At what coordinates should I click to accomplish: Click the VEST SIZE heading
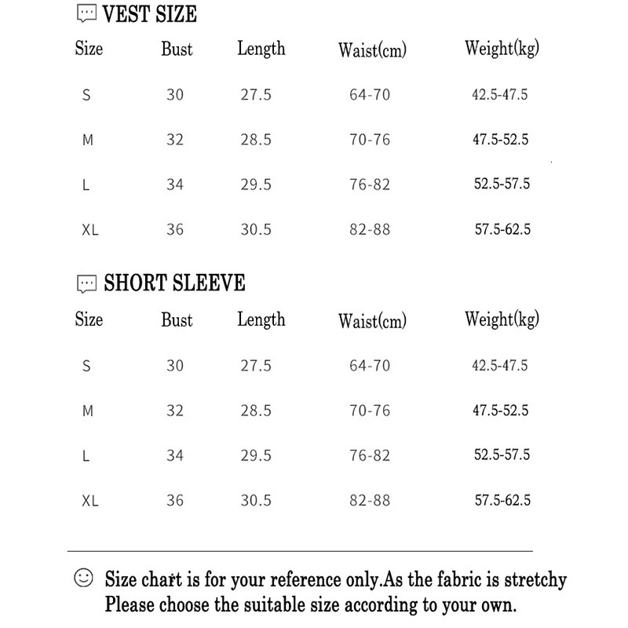150,14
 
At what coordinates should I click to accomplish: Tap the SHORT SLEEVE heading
174,283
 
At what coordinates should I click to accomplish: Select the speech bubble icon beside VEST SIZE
86,14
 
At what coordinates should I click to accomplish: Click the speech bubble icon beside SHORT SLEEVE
86,284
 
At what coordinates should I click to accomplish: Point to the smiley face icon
83,579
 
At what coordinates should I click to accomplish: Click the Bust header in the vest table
177,49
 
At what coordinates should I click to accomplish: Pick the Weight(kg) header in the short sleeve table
502,319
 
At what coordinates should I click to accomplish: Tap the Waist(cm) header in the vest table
372,50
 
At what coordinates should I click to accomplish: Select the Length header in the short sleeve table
261,319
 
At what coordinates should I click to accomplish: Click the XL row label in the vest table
90,230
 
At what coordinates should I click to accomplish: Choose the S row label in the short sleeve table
86,366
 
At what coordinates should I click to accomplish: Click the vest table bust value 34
175,184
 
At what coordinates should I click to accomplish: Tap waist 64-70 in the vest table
370,95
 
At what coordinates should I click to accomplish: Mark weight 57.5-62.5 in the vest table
502,230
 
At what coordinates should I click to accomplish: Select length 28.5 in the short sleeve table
256,411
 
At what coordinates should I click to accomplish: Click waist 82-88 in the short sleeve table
370,501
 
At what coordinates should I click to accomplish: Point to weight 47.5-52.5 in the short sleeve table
500,411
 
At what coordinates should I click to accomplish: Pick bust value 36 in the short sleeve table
175,501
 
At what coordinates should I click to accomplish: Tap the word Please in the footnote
131,605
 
